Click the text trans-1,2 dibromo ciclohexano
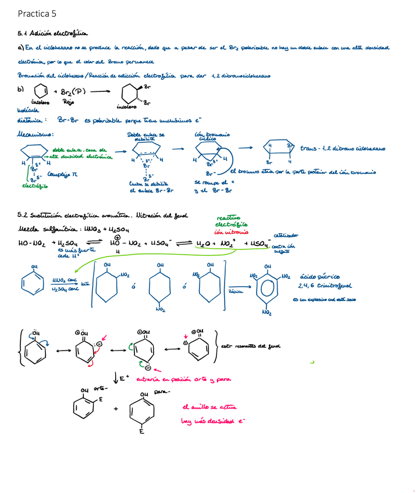tap(342, 149)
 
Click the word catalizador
tap(286, 235)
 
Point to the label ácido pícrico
tap(319, 277)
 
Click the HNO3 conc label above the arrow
tap(65, 280)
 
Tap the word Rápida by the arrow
tap(236, 291)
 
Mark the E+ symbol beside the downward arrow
tap(123, 379)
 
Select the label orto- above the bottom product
tap(99, 388)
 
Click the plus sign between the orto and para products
tap(115, 409)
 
